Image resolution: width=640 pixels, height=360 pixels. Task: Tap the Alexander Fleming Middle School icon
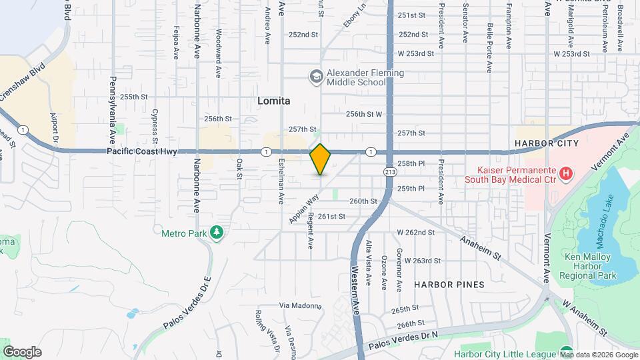click(x=315, y=77)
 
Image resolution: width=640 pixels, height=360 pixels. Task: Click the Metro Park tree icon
click(x=216, y=233)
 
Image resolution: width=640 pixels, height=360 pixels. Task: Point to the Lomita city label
click(x=274, y=101)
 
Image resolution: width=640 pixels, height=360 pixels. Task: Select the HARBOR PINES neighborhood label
click(x=449, y=284)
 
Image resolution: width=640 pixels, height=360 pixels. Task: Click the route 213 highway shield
click(x=387, y=171)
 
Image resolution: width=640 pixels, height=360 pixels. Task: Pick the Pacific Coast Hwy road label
click(x=151, y=152)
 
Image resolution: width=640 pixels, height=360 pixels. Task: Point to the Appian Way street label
click(x=301, y=208)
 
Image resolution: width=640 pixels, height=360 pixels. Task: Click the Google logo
click(x=22, y=351)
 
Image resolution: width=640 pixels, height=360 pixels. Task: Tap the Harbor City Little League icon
click(x=566, y=352)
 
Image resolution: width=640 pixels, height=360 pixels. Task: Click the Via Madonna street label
click(x=300, y=305)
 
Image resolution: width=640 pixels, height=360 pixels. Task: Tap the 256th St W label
click(x=364, y=114)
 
